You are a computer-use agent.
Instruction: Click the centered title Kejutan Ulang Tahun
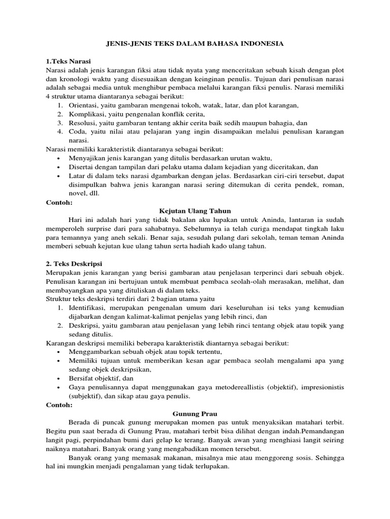coord(195,210)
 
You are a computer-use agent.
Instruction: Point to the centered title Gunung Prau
coord(195,414)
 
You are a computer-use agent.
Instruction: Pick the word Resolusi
coord(83,123)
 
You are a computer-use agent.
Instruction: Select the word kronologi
coord(75,79)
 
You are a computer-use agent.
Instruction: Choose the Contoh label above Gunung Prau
coord(59,405)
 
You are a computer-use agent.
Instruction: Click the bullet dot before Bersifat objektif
coord(59,378)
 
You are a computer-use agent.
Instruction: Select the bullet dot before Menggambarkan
coord(59,352)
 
